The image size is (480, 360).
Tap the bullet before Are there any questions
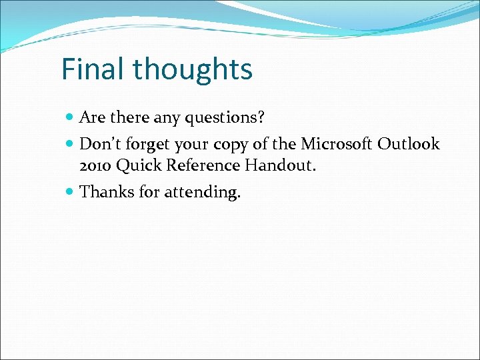click(71, 118)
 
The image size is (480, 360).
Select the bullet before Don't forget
click(71, 144)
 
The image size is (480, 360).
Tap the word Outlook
click(409, 144)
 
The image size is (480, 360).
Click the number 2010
click(96, 165)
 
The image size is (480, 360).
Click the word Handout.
click(281, 165)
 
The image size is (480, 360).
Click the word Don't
click(99, 144)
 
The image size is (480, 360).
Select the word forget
click(148, 145)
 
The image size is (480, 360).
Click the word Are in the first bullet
click(91, 118)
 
